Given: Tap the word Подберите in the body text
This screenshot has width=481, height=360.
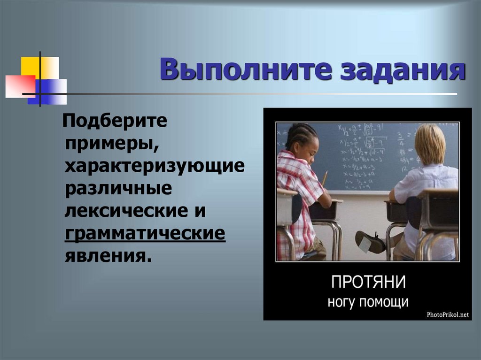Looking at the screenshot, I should tap(116, 123).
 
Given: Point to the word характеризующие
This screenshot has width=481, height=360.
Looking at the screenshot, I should tap(155, 166).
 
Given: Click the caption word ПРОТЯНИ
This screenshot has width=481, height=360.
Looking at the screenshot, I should tap(368, 283).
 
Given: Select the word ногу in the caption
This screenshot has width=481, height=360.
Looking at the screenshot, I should tap(342, 302).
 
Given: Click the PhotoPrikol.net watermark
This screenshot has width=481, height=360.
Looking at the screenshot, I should tap(448, 315).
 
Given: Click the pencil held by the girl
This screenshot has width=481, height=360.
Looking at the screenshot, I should tap(324, 179).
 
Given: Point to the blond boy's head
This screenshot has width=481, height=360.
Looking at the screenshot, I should tap(429, 144).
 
